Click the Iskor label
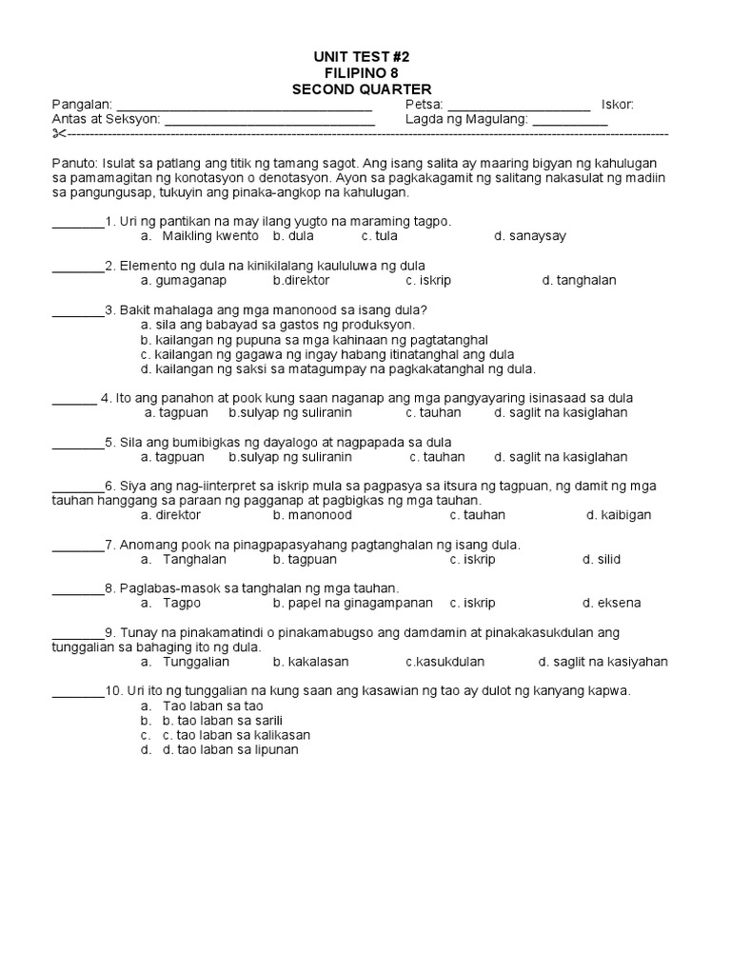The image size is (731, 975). (618, 105)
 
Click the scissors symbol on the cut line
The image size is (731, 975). (59, 136)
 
